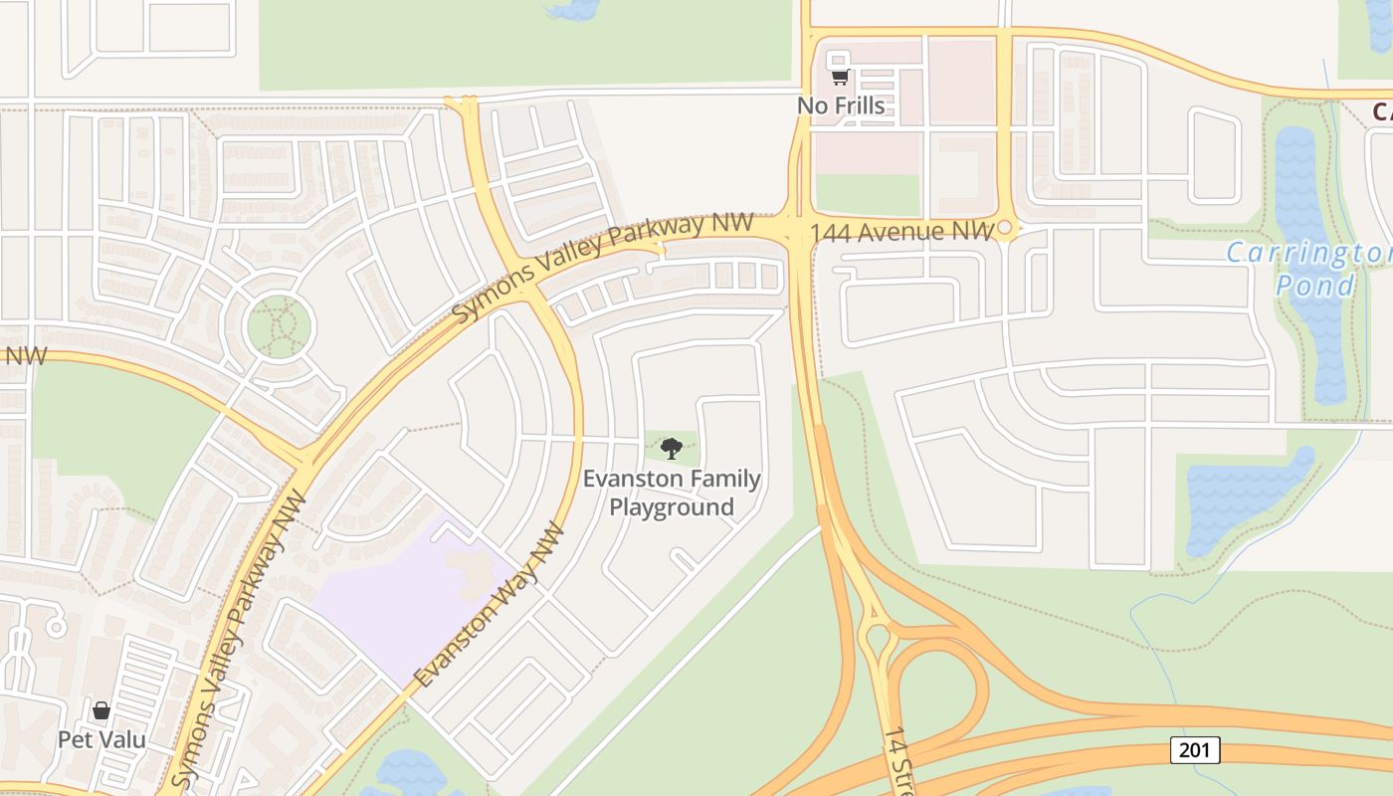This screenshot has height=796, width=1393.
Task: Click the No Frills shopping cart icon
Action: coord(840,78)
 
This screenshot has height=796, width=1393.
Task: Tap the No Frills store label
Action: coord(841,104)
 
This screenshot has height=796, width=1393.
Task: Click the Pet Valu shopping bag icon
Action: coord(101,710)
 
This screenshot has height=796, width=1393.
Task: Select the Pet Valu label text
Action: coord(101,739)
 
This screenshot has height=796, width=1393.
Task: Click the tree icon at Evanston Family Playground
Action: coord(672,448)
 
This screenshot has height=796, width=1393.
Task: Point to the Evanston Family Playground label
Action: coord(672,493)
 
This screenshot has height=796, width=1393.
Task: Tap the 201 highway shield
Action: coord(1194,749)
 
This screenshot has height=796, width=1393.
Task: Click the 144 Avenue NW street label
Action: coord(901,233)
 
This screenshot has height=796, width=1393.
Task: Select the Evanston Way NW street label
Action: coord(490,605)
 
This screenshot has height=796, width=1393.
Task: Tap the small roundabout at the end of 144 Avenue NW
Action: coord(1005,229)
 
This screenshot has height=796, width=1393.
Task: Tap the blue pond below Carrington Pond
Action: coord(1244,497)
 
